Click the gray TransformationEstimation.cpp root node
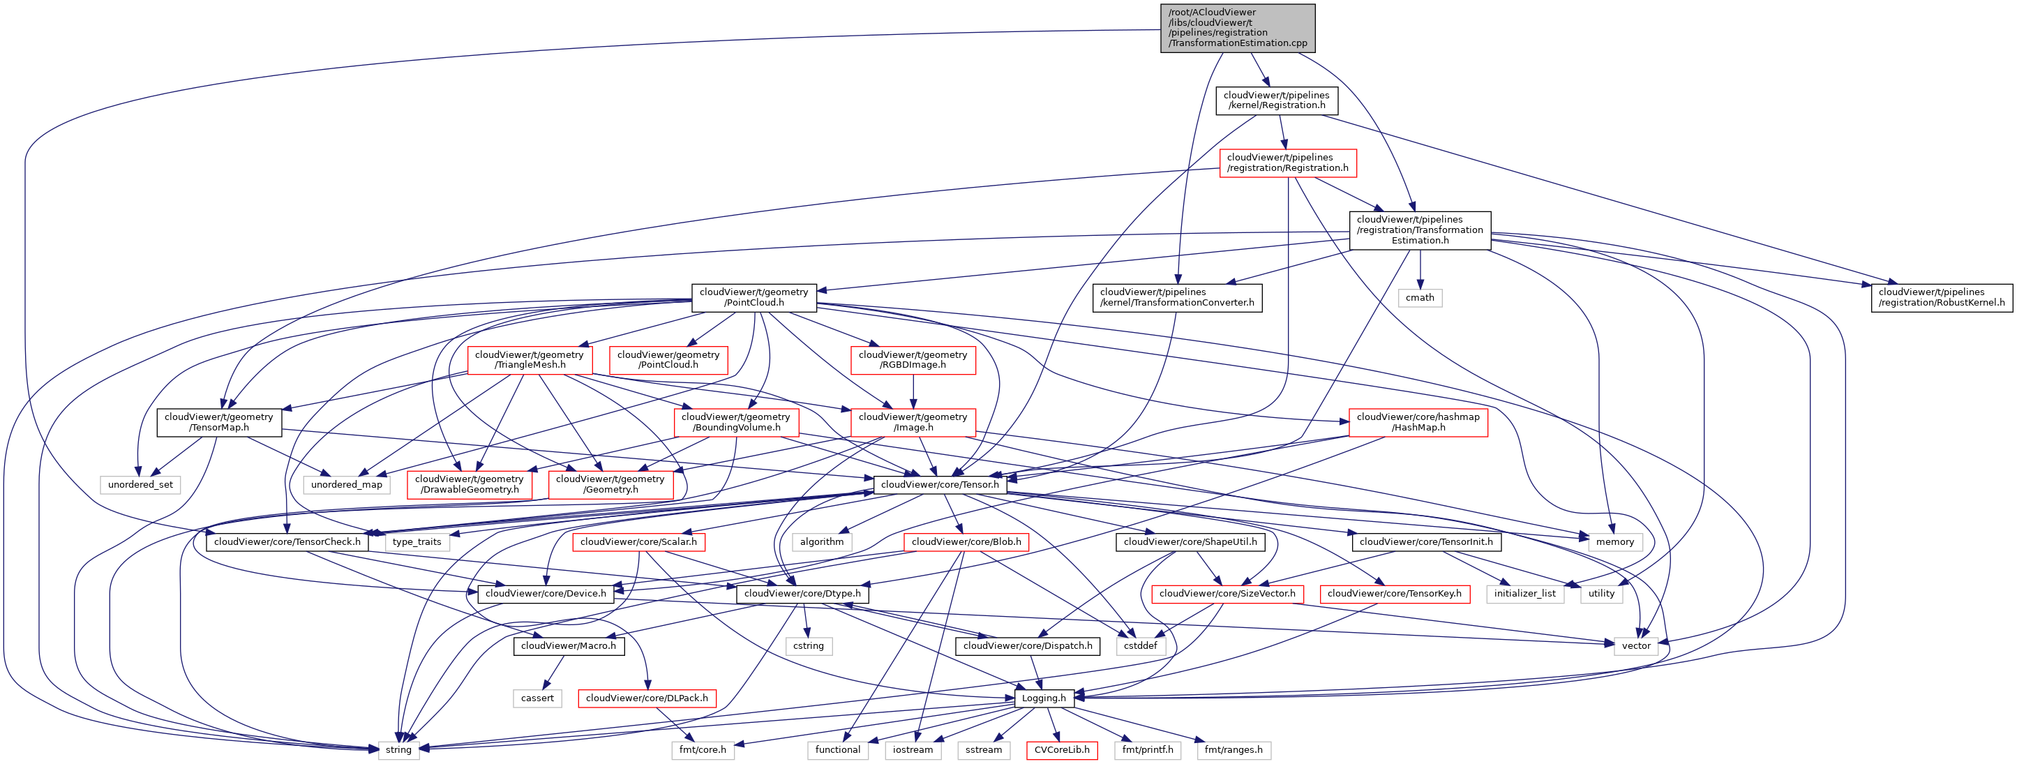1237,28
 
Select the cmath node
1420,297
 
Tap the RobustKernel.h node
1941,297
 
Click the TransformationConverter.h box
1177,297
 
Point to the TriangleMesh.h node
530,360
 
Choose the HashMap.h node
1418,423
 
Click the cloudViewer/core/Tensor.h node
940,484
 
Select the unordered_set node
140,484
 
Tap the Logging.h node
1044,698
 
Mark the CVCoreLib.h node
1062,750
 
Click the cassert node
537,698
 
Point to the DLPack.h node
647,698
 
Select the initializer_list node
1524,593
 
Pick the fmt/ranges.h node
1234,750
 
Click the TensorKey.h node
1395,593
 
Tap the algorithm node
821,541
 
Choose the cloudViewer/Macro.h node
569,646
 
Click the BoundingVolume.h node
736,423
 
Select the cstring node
808,646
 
